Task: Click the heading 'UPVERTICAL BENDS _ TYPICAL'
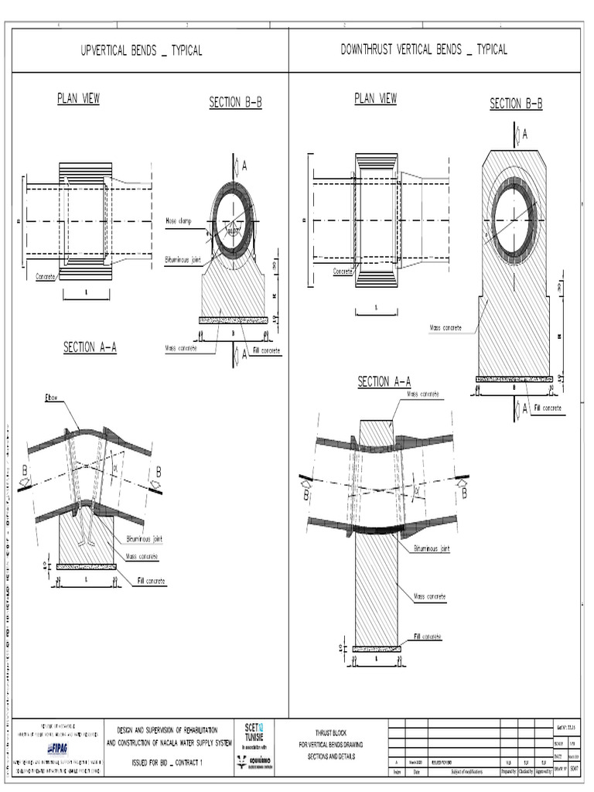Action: click(142, 51)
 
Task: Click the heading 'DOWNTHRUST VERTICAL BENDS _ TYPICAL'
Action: click(424, 50)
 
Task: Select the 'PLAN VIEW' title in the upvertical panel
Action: click(78, 98)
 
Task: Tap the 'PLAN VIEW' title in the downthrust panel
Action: click(375, 98)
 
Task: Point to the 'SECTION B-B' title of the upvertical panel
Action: click(235, 103)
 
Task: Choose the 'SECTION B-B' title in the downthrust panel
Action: click(516, 104)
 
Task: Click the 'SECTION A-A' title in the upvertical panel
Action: click(90, 348)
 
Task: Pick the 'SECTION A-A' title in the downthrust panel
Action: click(384, 382)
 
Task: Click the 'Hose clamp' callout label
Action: click(178, 220)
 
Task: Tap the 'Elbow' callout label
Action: click(53, 398)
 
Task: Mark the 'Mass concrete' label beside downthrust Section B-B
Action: click(445, 328)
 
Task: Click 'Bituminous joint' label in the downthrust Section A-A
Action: click(431, 548)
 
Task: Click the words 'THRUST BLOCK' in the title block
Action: click(333, 732)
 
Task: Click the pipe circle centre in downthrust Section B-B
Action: click(514, 221)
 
